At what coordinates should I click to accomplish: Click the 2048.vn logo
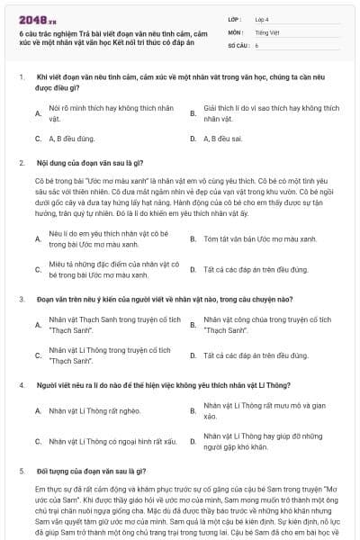click(33, 18)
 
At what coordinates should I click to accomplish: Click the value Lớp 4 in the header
click(263, 18)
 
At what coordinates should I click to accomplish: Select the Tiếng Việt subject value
click(267, 31)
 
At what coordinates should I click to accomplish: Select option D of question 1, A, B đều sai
click(223, 139)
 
